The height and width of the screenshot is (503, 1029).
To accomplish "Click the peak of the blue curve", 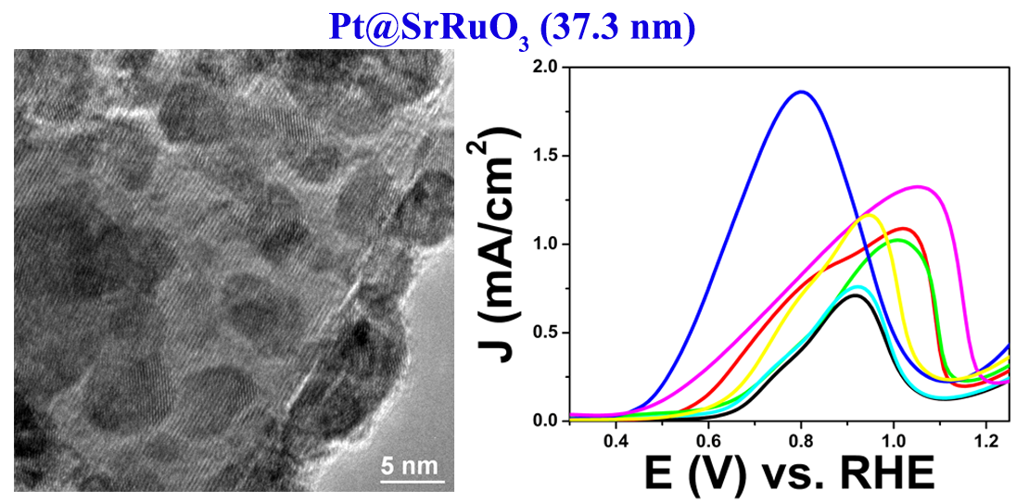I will click(801, 92).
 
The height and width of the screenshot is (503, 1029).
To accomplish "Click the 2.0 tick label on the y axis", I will click(546, 68).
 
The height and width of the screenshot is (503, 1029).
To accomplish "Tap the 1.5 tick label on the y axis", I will click(546, 157).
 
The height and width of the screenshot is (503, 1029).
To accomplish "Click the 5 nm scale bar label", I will click(408, 465).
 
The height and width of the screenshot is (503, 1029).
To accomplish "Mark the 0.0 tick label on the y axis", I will click(546, 421).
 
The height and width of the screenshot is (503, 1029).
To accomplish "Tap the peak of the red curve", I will click(903, 228).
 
